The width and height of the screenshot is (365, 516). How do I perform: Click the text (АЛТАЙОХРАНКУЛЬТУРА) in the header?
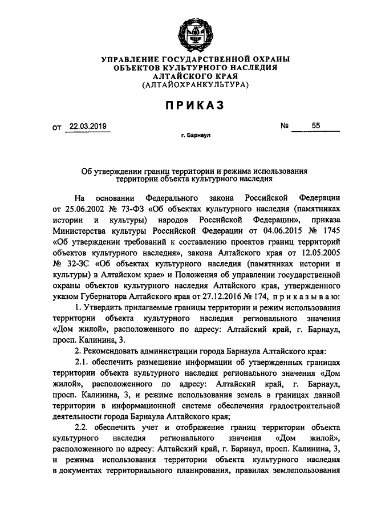tap(194, 85)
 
